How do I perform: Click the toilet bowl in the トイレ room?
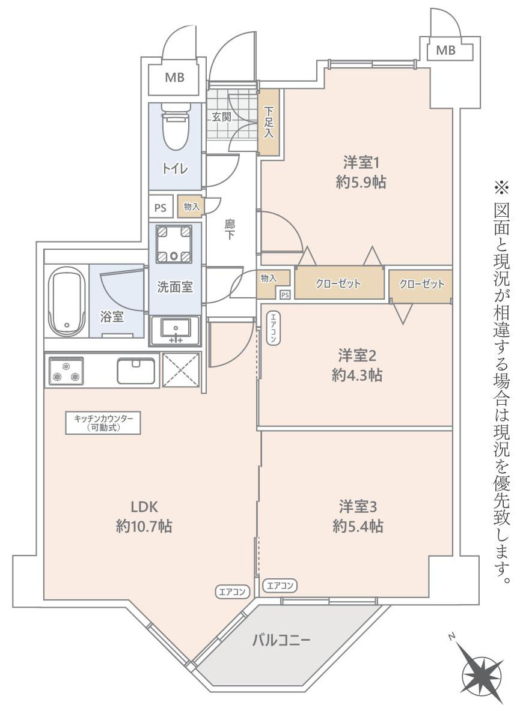click(175, 130)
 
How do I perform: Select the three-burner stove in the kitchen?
click(66, 370)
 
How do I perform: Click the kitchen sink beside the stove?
click(136, 371)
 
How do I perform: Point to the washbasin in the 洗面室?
click(175, 329)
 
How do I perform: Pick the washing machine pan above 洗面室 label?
click(174, 244)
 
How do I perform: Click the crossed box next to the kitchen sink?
click(181, 370)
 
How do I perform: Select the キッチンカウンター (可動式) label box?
click(103, 423)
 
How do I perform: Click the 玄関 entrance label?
click(221, 117)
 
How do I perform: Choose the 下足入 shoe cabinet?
click(269, 122)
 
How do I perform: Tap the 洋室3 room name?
click(357, 506)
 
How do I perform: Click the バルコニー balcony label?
click(281, 640)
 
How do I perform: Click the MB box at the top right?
click(445, 51)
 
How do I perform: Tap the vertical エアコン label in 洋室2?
click(272, 328)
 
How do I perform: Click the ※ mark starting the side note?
click(500, 188)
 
